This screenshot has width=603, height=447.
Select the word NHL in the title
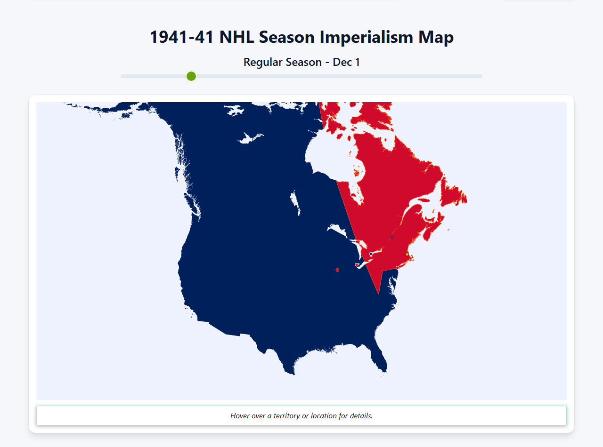tap(237, 37)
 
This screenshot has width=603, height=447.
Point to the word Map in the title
tap(436, 37)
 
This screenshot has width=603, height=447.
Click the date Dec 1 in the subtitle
tap(346, 62)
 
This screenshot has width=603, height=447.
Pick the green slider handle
tap(191, 76)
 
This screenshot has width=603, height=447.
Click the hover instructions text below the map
tap(301, 416)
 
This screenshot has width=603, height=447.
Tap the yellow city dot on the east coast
tap(407, 255)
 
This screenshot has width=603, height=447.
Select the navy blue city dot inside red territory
tap(371, 254)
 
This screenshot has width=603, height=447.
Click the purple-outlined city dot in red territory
tap(391, 237)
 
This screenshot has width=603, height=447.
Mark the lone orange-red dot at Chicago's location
tap(337, 270)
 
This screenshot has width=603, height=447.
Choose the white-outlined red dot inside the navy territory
tap(357, 265)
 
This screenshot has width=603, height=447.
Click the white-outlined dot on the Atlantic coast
tap(397, 268)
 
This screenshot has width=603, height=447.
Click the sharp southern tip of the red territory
tap(379, 294)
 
